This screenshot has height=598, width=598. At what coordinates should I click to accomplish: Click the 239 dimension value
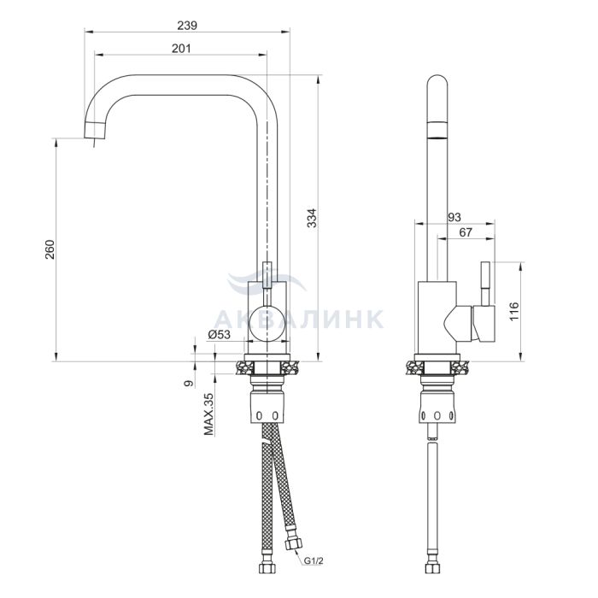(187, 26)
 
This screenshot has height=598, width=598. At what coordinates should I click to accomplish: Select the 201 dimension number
(181, 49)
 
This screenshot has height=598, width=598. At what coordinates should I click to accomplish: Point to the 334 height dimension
(312, 218)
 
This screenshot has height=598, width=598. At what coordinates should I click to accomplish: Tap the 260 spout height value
(50, 249)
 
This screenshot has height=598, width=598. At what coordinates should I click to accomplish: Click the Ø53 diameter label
(220, 335)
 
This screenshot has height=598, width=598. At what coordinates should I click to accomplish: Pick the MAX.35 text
(208, 414)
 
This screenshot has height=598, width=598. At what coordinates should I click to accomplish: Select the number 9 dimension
(189, 383)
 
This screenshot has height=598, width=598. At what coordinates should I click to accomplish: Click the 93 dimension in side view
(454, 217)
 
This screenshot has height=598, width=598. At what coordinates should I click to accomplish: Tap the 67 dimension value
(466, 232)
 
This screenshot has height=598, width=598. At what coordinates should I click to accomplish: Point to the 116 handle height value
(514, 311)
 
